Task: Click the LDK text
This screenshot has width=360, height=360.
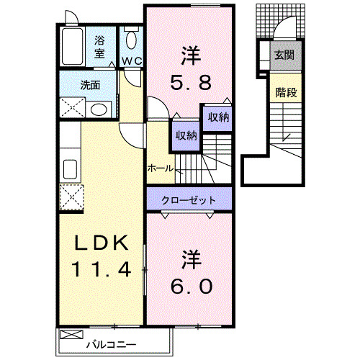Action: (99, 243)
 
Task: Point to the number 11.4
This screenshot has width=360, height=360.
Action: (99, 270)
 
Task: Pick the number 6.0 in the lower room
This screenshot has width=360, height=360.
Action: (191, 286)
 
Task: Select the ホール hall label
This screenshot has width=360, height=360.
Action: (159, 167)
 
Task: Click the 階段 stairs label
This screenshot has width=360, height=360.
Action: (286, 92)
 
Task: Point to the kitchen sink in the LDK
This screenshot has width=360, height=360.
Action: (71, 169)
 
